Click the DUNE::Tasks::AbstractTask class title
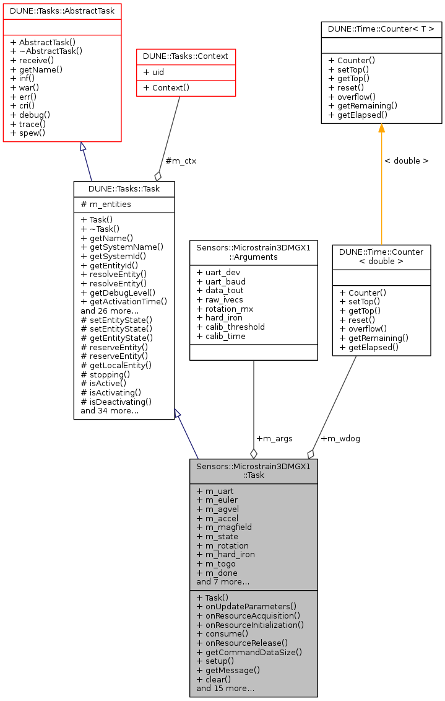(x=62, y=11)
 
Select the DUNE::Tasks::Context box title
(x=186, y=56)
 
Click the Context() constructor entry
(x=166, y=88)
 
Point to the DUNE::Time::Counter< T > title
(x=381, y=29)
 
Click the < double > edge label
(x=406, y=161)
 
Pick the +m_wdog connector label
(x=340, y=439)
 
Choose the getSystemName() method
(x=122, y=247)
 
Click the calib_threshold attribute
(x=230, y=327)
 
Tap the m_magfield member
(x=224, y=527)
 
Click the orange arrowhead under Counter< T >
(x=381, y=128)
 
